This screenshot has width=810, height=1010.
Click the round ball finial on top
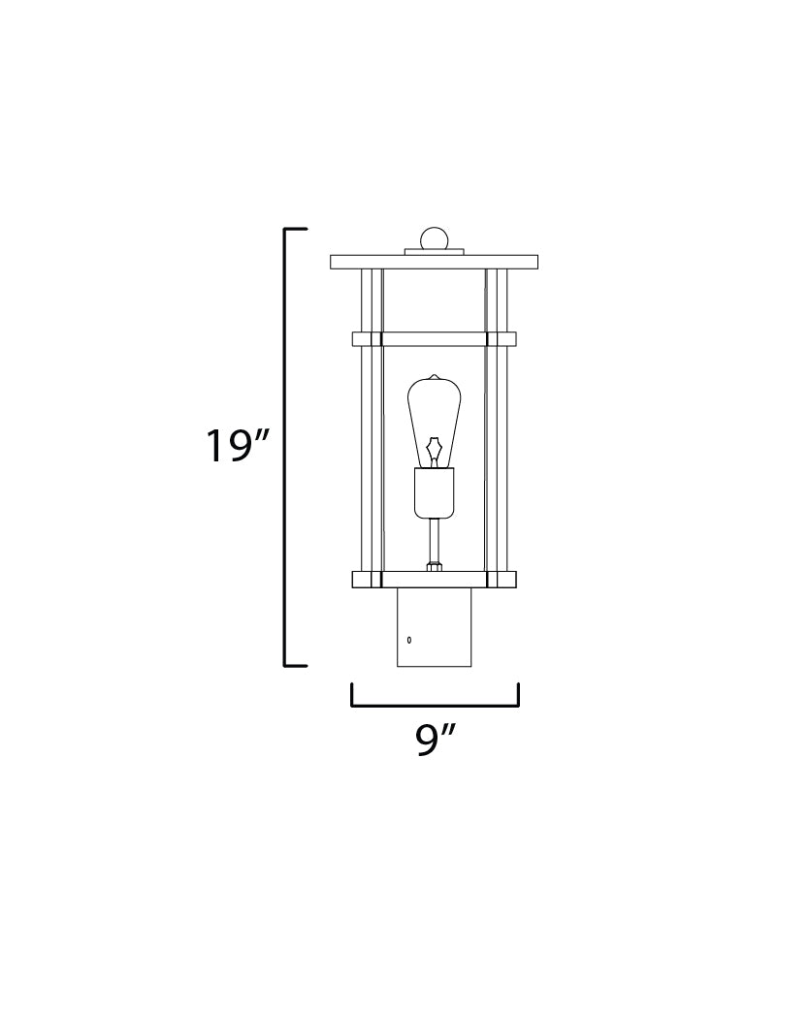point(434,238)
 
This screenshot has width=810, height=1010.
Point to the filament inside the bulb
point(434,449)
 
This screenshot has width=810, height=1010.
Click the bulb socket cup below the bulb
point(434,492)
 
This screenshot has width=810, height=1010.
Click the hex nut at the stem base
point(434,564)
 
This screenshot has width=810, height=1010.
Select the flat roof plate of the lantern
point(434,262)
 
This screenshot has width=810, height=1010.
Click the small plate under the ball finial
point(434,253)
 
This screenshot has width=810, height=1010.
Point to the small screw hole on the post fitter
point(409,640)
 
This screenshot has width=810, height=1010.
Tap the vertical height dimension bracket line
point(285,447)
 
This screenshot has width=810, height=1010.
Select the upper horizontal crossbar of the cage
point(434,339)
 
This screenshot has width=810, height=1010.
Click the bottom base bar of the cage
point(434,580)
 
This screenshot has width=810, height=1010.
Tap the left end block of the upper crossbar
point(366,339)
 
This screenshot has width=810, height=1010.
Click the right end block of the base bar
point(501,580)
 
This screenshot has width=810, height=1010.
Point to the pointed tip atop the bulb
point(434,376)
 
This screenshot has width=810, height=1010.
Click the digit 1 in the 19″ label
point(215,447)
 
